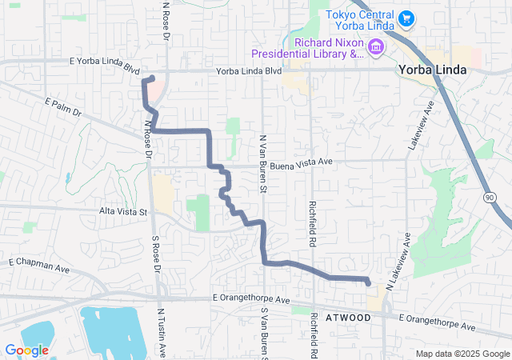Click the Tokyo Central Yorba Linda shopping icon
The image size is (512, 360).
(x=406, y=18)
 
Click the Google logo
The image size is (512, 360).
(x=26, y=350)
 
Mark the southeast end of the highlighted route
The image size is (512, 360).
(x=368, y=283)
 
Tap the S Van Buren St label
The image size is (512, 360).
(x=262, y=332)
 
